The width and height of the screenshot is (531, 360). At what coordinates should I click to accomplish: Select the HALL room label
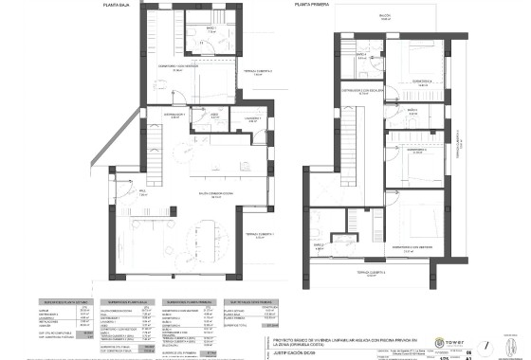[142, 192]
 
